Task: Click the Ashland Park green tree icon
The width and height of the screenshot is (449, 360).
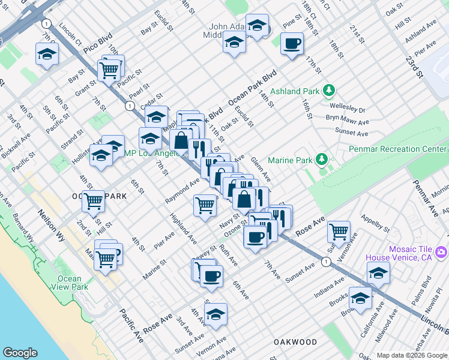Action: coord(328,91)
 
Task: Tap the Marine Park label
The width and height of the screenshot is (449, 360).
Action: coord(291,160)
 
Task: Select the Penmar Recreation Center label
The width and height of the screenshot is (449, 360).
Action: coord(398,148)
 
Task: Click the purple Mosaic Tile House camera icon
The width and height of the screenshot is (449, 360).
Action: coord(441,253)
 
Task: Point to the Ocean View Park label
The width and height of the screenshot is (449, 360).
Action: coord(70,283)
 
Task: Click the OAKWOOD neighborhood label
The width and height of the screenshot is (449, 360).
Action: coord(295,341)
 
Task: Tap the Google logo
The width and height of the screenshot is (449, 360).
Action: coord(20,353)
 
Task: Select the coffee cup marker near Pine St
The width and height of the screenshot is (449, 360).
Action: coord(292,43)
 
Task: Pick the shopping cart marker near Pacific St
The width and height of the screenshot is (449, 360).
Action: coord(109,70)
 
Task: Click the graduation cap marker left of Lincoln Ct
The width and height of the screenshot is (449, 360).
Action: coord(47,55)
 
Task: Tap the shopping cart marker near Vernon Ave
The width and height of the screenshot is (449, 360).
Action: coord(339,230)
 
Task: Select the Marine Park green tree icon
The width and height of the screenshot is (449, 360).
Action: coord(322,159)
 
